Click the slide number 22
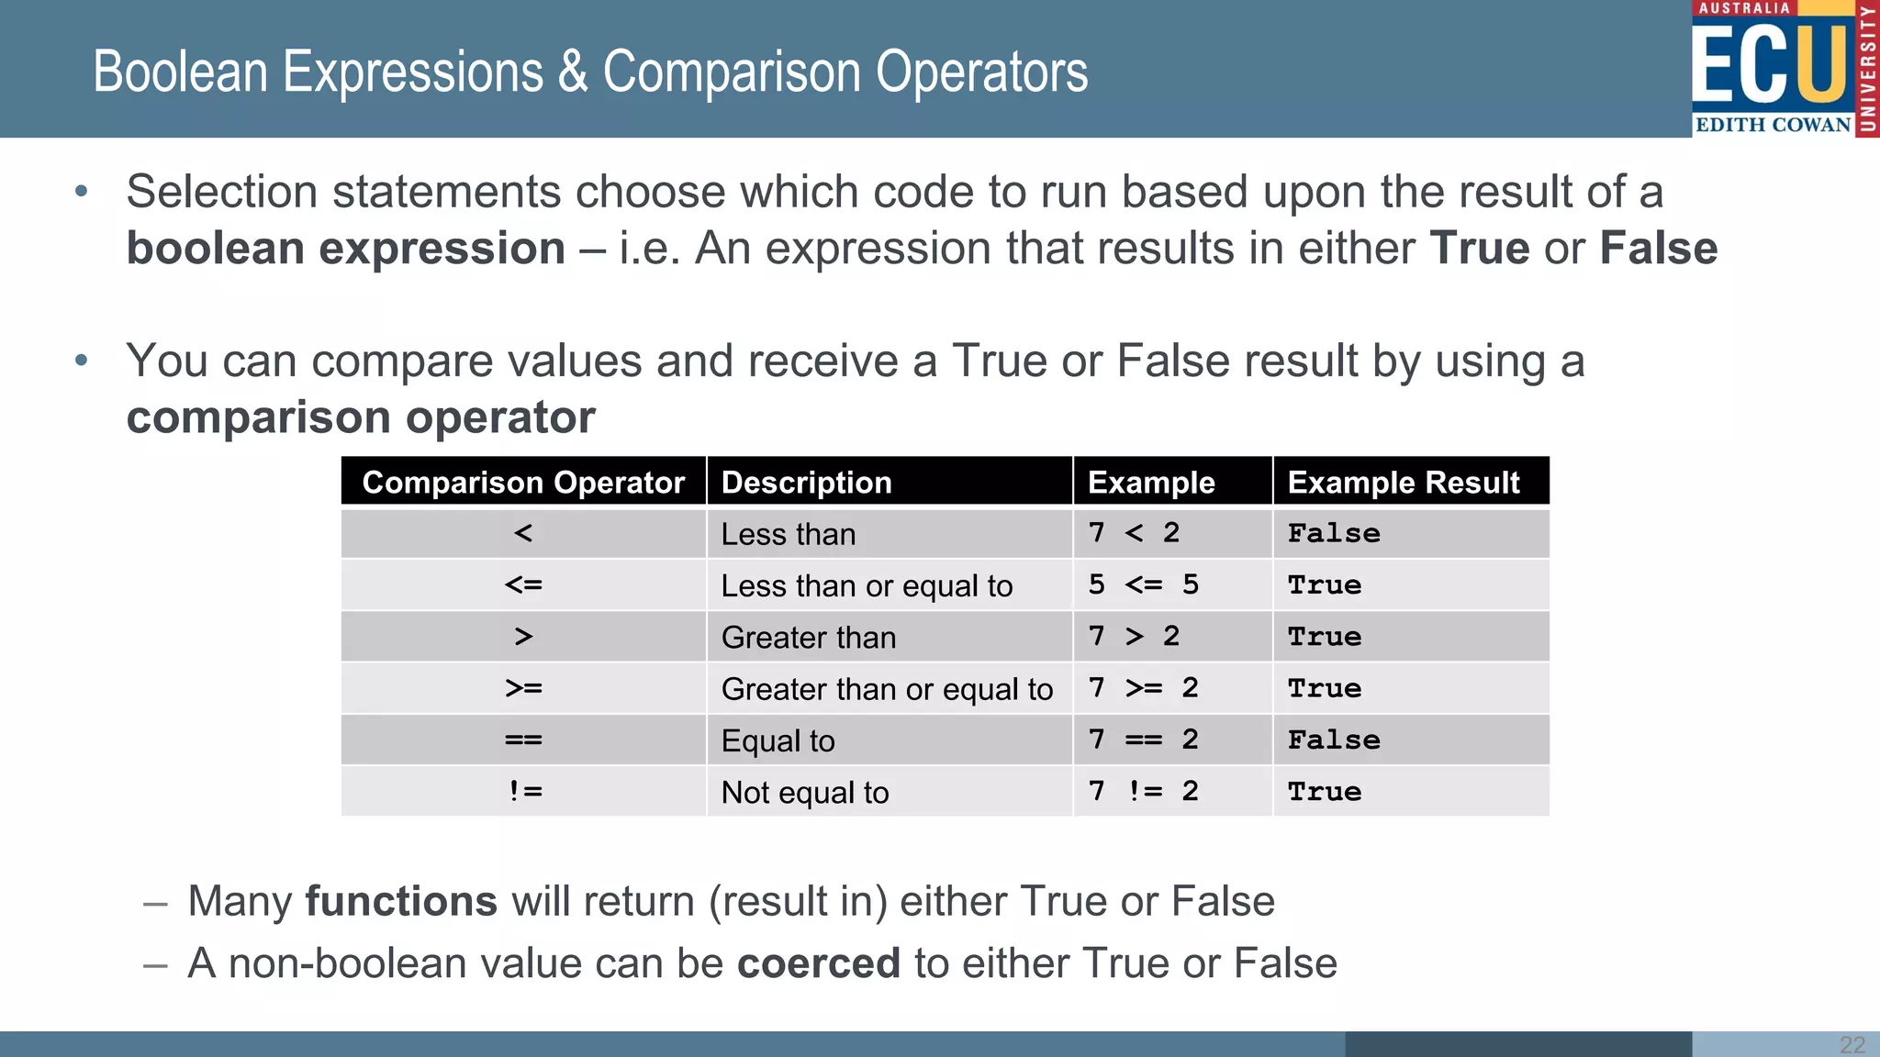coord(1852,1044)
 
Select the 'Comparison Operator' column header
coord(523,483)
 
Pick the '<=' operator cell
coord(523,584)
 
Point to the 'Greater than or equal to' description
coord(887,689)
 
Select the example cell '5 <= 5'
coord(1143,584)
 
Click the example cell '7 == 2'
coord(1143,740)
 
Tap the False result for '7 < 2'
coord(1333,533)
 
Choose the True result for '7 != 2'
coord(1324,791)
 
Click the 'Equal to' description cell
coord(778,740)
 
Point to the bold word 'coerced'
coord(818,963)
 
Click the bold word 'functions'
coord(401,901)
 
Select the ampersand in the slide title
coord(573,72)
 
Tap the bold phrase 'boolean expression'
coord(345,249)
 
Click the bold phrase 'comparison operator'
coord(361,417)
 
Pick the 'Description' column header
coord(806,483)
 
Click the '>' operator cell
coord(523,637)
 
